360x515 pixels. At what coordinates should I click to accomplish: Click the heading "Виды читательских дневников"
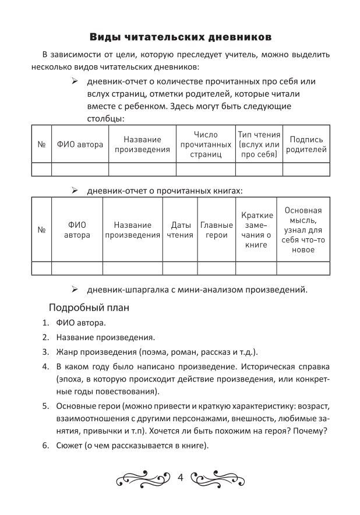pos(180,37)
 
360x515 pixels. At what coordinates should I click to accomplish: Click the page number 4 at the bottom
pos(180,478)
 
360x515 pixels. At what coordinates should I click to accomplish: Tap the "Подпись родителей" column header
pos(307,144)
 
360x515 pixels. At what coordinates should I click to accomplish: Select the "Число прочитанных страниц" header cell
pos(206,144)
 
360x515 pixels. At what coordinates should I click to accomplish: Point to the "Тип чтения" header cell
pos(259,144)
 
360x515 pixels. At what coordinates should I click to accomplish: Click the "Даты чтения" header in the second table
pos(180,230)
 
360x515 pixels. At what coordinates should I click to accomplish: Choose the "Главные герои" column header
pos(216,230)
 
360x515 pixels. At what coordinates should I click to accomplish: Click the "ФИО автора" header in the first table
pos(80,144)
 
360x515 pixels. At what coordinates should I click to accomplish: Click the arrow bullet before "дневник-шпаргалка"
pos(75,289)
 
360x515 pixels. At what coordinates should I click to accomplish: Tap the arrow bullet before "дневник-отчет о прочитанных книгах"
pos(75,191)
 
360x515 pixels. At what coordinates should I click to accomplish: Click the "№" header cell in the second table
pos(41,230)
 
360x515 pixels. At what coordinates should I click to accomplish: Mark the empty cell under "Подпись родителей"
pos(307,169)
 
